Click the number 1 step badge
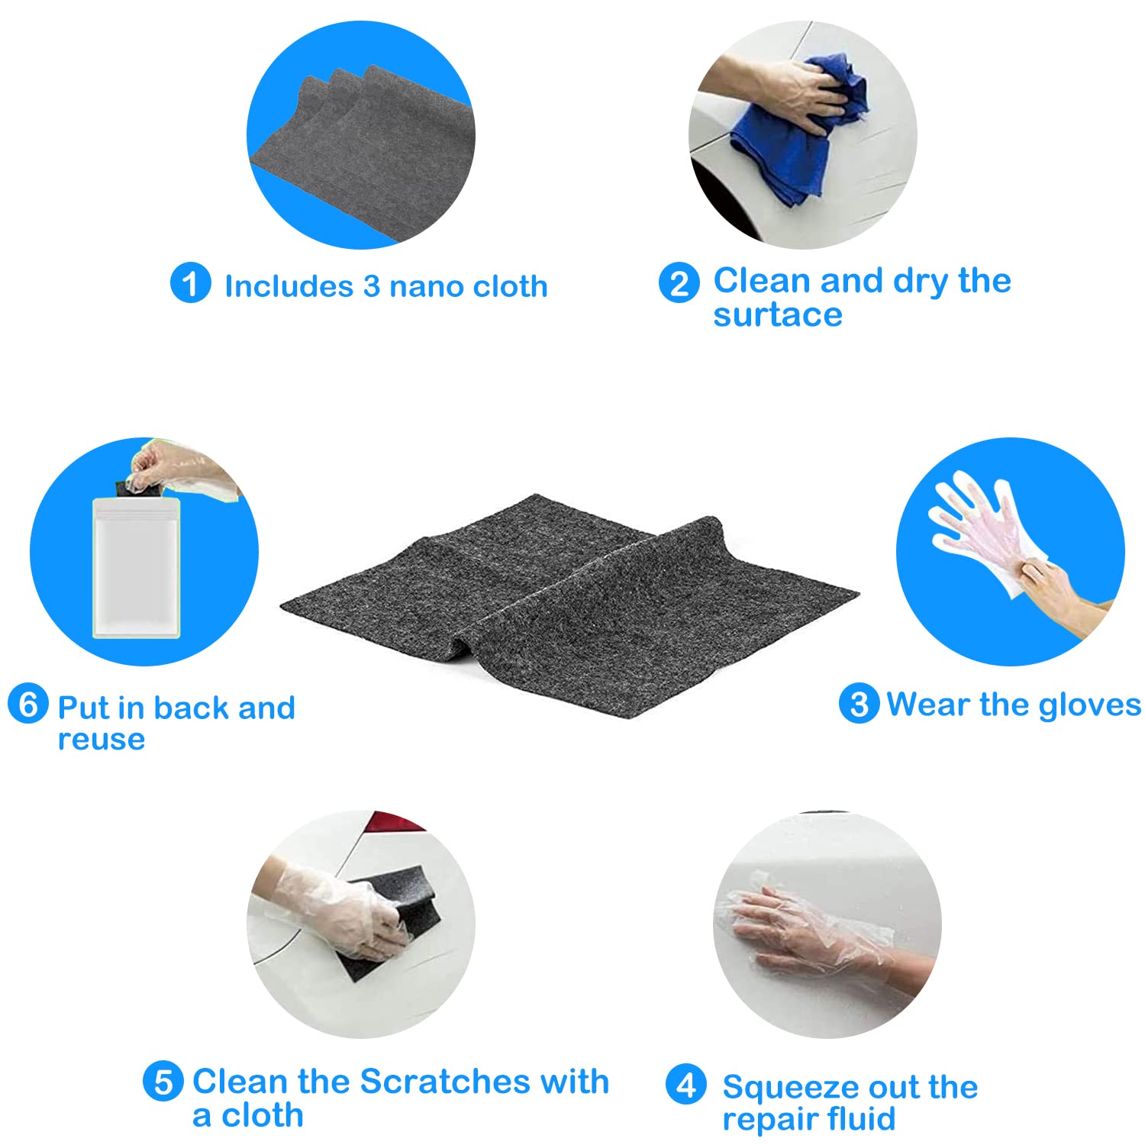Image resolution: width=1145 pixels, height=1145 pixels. (x=190, y=283)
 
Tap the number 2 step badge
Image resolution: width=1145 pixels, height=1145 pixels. (x=679, y=283)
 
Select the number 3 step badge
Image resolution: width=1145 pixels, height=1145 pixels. (x=859, y=703)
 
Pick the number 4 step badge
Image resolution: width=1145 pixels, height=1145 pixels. (x=685, y=1084)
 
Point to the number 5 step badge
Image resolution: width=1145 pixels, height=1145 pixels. (x=163, y=1082)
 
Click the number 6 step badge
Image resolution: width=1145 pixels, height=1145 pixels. (x=28, y=704)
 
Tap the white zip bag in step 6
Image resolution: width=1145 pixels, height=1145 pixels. (x=136, y=567)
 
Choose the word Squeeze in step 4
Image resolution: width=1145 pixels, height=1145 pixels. (x=790, y=1088)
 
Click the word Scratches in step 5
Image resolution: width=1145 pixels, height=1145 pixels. (x=445, y=1082)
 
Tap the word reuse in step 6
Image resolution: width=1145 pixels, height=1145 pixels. (x=101, y=740)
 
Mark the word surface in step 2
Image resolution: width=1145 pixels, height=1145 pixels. (x=777, y=314)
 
